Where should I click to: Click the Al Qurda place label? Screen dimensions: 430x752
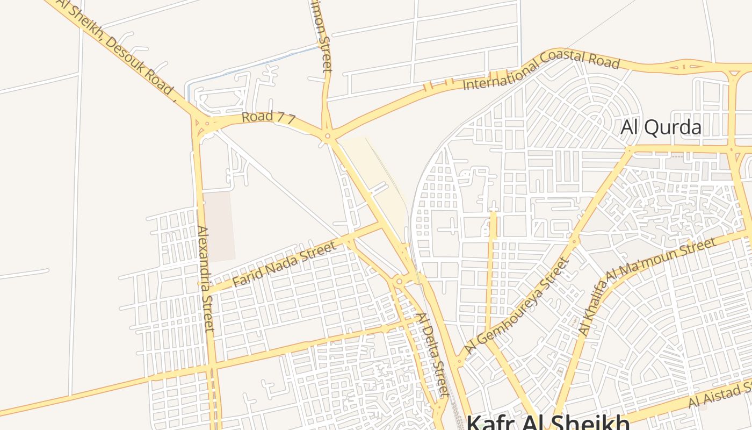click(661, 127)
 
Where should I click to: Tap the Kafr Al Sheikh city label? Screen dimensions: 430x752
click(548, 420)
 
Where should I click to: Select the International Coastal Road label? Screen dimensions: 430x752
click(541, 69)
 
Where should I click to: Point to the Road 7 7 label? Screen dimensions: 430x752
click(268, 117)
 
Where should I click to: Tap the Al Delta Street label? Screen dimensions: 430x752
click(432, 354)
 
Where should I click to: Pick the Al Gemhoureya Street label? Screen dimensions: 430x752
click(517, 306)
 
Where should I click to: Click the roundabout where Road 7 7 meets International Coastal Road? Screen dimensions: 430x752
click(327, 137)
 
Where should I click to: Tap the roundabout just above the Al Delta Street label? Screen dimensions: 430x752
click(399, 281)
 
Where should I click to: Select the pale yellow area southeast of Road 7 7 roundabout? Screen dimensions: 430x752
click(376, 177)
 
